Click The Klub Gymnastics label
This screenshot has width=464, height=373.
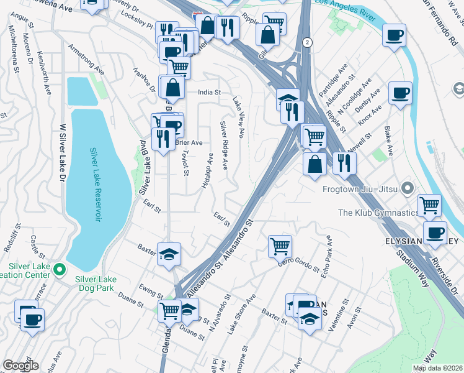point(378,213)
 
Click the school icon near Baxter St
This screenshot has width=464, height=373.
point(169,254)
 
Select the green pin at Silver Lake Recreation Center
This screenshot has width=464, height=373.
point(60,270)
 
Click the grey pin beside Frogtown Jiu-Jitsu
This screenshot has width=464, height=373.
point(407,187)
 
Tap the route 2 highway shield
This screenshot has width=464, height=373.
point(307,42)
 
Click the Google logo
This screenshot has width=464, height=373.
point(20,366)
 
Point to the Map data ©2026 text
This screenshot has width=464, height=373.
point(437,368)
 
